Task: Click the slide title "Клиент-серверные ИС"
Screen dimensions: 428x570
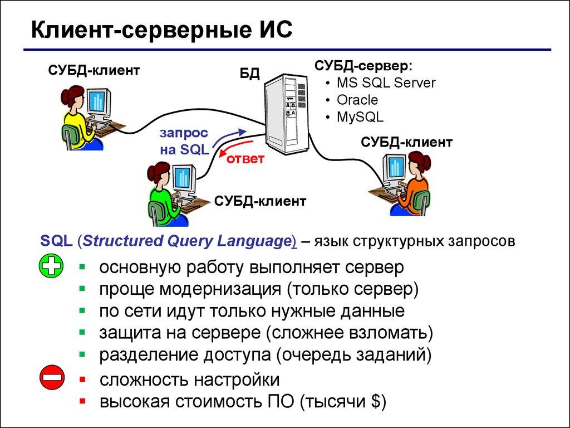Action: tap(161, 30)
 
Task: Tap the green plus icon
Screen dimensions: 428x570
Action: tap(51, 267)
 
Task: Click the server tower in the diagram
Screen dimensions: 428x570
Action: tap(285, 113)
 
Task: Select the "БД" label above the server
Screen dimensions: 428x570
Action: tap(250, 74)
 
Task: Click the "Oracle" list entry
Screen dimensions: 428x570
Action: tap(357, 100)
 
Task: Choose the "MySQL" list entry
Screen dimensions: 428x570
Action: tap(360, 118)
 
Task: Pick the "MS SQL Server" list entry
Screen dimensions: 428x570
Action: tap(386, 83)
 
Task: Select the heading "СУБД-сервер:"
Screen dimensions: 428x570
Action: tap(363, 66)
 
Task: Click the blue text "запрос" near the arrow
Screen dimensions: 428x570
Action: tap(184, 133)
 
